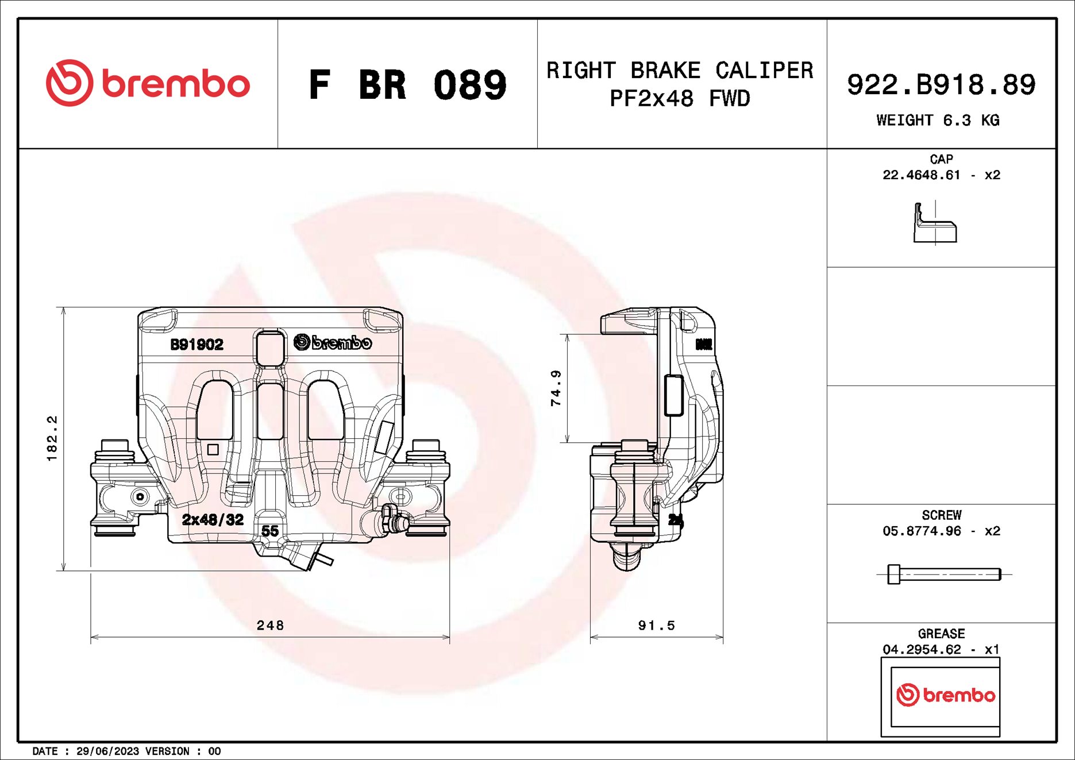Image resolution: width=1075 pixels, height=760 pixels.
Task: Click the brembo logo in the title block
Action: pos(148,83)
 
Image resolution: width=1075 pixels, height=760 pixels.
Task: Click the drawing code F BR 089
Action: pos(407,85)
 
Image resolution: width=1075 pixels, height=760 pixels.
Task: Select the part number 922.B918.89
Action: pos(941,85)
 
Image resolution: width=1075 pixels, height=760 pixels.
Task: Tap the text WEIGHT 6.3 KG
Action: pos(938,121)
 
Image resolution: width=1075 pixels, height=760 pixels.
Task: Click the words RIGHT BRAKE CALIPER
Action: pos(679,71)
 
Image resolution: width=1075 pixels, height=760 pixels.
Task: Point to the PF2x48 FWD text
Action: pos(679,99)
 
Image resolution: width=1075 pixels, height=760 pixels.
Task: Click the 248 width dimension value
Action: pos(270,625)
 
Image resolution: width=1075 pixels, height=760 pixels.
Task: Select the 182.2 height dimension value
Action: pos(52,438)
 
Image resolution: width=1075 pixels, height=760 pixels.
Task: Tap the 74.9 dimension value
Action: pos(556,388)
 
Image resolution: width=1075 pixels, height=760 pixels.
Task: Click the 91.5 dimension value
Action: pos(656,625)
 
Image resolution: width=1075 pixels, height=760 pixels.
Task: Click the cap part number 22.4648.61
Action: pos(921,175)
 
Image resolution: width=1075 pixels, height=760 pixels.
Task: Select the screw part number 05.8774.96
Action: pos(921,531)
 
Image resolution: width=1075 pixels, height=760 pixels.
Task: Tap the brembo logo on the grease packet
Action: pos(945,695)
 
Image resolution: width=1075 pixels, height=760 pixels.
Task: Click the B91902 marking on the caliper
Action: pos(196,345)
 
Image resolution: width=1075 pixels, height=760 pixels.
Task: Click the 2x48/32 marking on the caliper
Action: pos(213,520)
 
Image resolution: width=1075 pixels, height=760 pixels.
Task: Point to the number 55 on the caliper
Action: pos(269,531)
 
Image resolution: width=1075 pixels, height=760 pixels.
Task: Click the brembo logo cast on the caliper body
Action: pos(333,343)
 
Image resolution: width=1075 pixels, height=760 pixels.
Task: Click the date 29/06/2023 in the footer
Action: pos(107,751)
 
